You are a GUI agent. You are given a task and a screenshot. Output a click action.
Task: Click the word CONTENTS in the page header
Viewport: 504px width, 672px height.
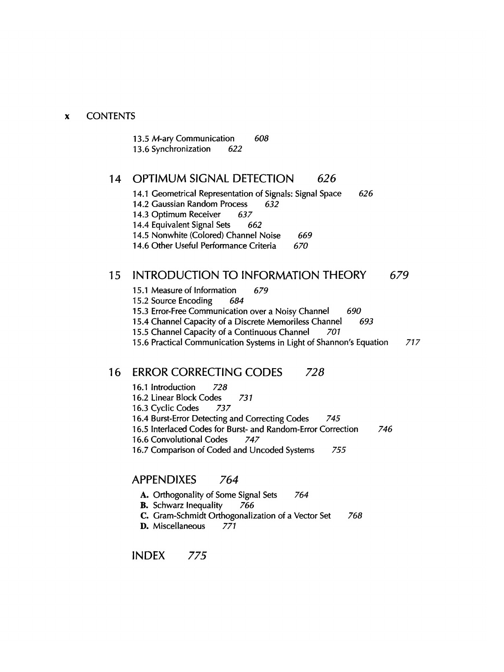pyautogui.click(x=110, y=116)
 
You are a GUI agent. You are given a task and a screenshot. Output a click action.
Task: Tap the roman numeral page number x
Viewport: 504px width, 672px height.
pyautogui.click(x=67, y=116)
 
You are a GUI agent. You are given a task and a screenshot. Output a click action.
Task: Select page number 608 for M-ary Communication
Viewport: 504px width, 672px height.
pyautogui.click(x=262, y=138)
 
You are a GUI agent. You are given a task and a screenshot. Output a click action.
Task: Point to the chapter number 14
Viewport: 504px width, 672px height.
pyautogui.click(x=115, y=179)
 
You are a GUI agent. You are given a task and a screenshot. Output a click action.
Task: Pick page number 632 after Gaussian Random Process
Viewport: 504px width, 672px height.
pyautogui.click(x=272, y=204)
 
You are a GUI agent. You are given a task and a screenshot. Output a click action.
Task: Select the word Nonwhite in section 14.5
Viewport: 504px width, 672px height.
pyautogui.click(x=167, y=235)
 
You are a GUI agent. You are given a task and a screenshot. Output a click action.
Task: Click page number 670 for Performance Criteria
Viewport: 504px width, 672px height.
pyautogui.click(x=300, y=246)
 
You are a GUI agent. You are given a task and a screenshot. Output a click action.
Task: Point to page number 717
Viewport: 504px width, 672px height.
pyautogui.click(x=412, y=342)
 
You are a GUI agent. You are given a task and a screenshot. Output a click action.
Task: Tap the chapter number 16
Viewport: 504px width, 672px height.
pyautogui.click(x=115, y=372)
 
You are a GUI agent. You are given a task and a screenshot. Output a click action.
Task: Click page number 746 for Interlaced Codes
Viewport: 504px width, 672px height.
pyautogui.click(x=385, y=429)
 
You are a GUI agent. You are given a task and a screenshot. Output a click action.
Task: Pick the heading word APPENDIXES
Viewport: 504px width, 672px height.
pyautogui.click(x=164, y=480)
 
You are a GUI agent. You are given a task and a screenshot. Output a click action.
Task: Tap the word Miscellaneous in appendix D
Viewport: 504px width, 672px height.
pyautogui.click(x=179, y=526)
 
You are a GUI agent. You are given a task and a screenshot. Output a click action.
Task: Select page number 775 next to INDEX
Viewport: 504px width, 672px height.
pyautogui.click(x=197, y=556)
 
